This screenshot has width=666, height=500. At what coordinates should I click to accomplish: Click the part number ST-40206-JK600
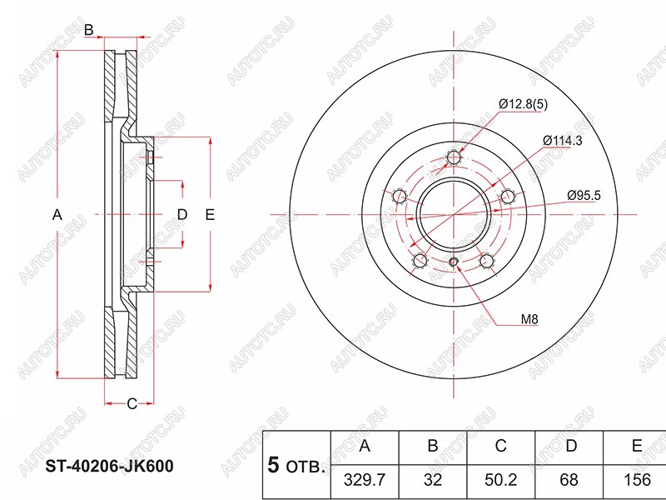pos(109,467)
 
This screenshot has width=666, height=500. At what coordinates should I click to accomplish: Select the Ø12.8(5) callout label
pos(524,104)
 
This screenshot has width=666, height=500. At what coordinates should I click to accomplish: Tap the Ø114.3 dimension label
pos(563,140)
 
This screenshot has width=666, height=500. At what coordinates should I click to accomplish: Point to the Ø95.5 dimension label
pos(584,195)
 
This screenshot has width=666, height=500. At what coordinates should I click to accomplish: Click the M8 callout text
pos(529,319)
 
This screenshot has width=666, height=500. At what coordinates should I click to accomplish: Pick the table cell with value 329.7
pos(365,480)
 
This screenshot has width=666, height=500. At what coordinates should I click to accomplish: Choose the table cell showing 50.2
pos(501,480)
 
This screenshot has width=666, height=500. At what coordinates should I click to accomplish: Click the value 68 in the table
pos(569,480)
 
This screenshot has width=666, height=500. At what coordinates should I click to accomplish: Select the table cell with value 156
pos(637,480)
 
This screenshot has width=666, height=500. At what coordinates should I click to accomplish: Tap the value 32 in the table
pos(433,480)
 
